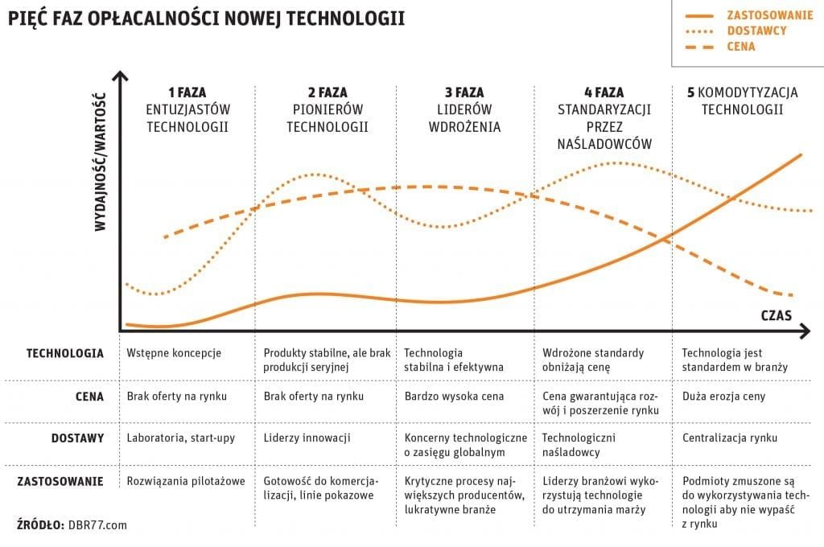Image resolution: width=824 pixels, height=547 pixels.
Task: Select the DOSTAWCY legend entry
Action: (x=756, y=31)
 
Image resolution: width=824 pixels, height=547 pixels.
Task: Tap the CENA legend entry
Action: (x=741, y=47)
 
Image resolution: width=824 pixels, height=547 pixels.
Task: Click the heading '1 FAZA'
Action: (x=187, y=93)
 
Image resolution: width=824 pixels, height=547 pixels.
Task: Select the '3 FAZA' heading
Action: (x=464, y=93)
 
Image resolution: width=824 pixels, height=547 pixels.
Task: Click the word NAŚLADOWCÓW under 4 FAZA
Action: (x=604, y=144)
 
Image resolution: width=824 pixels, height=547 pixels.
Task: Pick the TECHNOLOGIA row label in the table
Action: (x=65, y=353)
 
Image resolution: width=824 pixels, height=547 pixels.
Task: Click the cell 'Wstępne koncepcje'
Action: (x=174, y=353)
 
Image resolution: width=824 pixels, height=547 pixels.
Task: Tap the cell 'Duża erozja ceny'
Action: (x=723, y=396)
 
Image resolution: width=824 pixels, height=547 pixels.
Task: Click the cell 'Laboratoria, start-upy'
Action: (x=182, y=438)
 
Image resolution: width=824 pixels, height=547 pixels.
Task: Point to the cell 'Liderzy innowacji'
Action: (x=307, y=438)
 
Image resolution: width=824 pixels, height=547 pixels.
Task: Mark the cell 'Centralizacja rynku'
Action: (x=729, y=438)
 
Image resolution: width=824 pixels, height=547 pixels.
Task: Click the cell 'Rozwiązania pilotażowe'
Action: (x=186, y=481)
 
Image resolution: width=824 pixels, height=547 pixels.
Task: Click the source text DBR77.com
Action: (x=98, y=524)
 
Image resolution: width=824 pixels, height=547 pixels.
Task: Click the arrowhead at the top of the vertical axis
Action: (x=120, y=77)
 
